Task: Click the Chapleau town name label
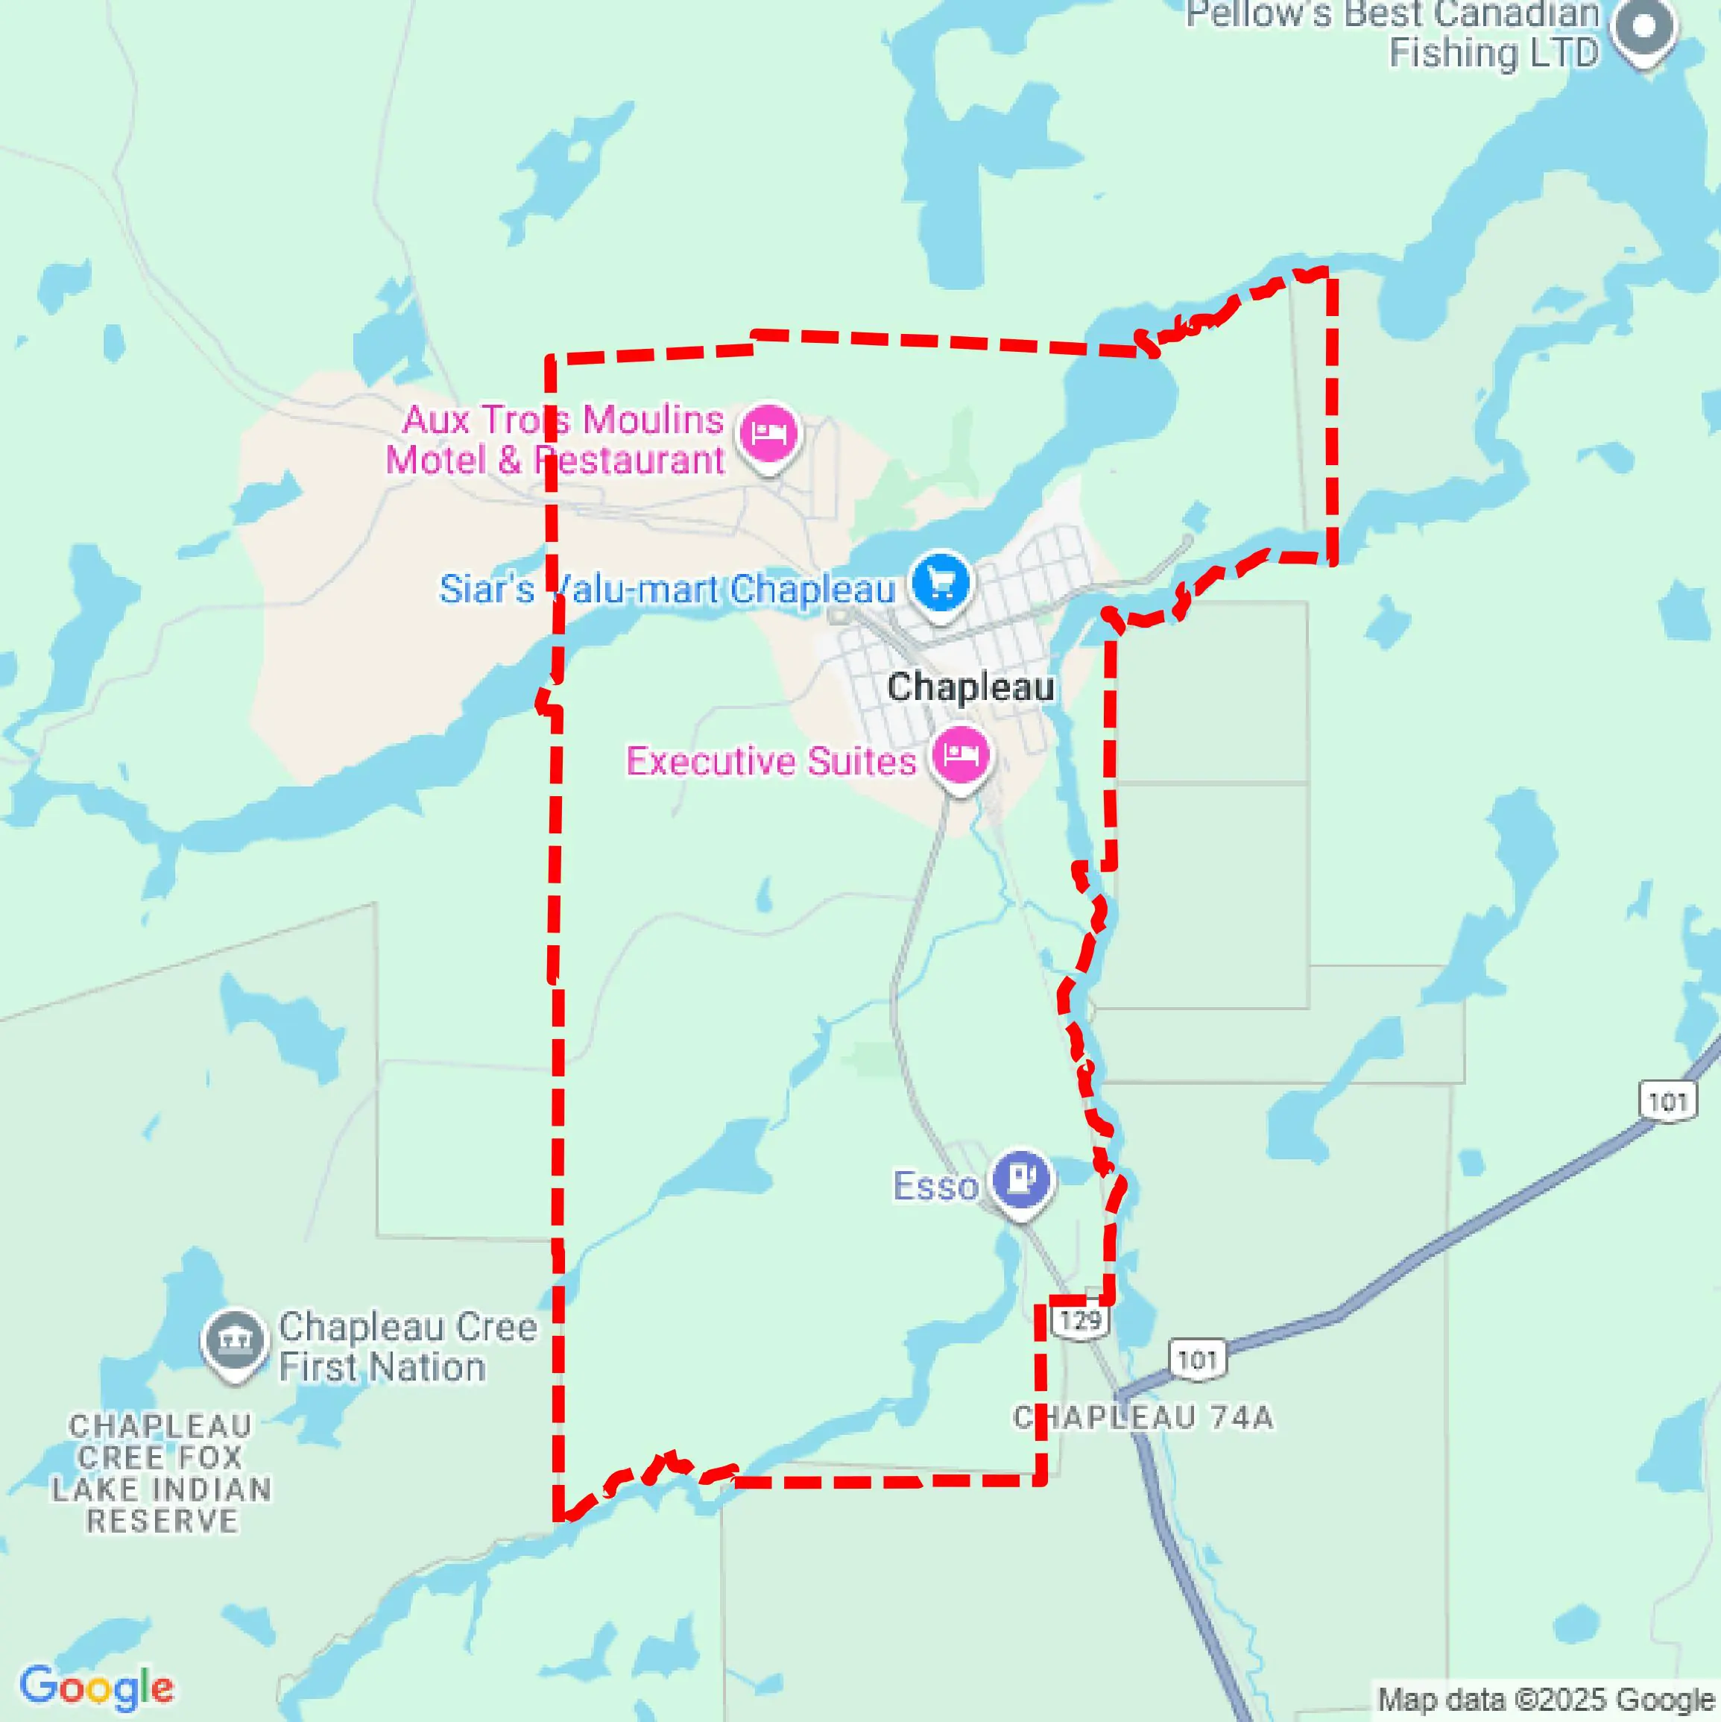(970, 687)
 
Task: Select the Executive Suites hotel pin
(960, 756)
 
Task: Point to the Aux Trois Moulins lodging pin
(768, 434)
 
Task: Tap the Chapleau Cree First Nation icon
(234, 1340)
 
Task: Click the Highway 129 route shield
(1080, 1320)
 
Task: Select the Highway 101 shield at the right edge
(1667, 1103)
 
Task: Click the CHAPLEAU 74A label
(1143, 1417)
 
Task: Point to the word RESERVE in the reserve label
(162, 1521)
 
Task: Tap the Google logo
(96, 1687)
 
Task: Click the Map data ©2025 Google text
(1547, 1699)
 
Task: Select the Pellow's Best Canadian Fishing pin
(1644, 29)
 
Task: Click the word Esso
(936, 1186)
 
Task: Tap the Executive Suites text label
(771, 761)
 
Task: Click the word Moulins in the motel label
(652, 420)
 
